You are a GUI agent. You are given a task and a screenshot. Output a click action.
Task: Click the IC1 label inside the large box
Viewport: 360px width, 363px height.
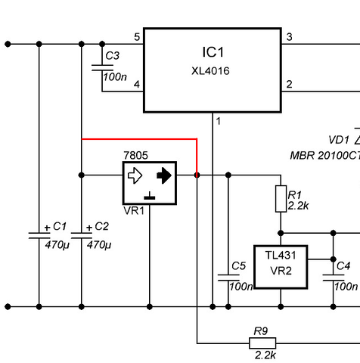[213, 52]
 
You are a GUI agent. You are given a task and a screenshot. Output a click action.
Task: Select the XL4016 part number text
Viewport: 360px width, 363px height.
[210, 71]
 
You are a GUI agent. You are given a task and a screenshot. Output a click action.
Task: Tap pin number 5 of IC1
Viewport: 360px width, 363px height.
[137, 37]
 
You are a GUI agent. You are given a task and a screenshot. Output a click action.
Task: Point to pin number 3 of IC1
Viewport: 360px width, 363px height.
[289, 37]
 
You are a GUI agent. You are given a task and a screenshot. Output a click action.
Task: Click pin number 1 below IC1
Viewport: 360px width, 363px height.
[219, 121]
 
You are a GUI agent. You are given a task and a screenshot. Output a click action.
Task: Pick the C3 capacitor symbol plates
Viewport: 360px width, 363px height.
[102, 67]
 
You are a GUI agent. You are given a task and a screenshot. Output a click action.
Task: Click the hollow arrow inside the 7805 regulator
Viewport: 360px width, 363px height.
[135, 175]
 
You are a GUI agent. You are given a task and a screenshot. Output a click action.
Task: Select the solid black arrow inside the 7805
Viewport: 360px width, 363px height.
[164, 175]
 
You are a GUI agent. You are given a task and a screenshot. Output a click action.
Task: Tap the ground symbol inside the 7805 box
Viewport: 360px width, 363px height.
[150, 196]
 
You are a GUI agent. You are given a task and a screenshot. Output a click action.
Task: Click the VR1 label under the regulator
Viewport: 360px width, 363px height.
[134, 211]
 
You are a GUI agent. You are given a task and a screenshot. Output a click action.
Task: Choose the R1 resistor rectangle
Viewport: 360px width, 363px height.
[281, 199]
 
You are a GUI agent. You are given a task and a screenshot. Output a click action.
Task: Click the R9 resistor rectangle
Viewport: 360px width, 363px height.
[262, 343]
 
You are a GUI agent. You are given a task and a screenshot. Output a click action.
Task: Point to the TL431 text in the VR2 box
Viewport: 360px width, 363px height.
[281, 256]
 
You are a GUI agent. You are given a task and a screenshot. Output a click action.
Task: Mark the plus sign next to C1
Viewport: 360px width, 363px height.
[47, 228]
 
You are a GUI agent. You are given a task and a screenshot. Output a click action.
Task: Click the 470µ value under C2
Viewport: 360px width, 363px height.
[99, 245]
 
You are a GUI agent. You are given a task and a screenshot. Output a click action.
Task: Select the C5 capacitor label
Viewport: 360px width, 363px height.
[238, 265]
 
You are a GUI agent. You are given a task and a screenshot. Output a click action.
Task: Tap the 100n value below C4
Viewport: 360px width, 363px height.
[346, 287]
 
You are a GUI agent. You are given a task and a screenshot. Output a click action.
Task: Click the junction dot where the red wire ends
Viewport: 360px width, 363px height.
[197, 175]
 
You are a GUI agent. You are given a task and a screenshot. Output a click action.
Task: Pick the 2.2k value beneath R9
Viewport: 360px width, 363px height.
[265, 355]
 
